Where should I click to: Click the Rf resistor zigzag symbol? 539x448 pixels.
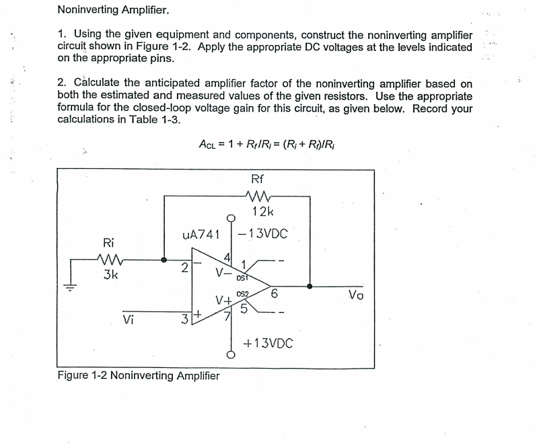click(258, 196)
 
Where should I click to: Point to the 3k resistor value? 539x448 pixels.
click(107, 274)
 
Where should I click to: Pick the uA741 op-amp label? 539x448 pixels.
click(202, 234)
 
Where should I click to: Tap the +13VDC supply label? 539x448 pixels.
click(270, 343)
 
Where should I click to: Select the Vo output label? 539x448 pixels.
click(357, 295)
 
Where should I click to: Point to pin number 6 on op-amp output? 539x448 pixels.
click(274, 293)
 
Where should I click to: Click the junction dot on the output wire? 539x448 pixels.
click(310, 285)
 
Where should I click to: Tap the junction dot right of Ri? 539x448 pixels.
click(165, 259)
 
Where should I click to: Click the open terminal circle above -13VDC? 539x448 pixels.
click(231, 217)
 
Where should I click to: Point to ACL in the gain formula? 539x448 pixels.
click(209, 143)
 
